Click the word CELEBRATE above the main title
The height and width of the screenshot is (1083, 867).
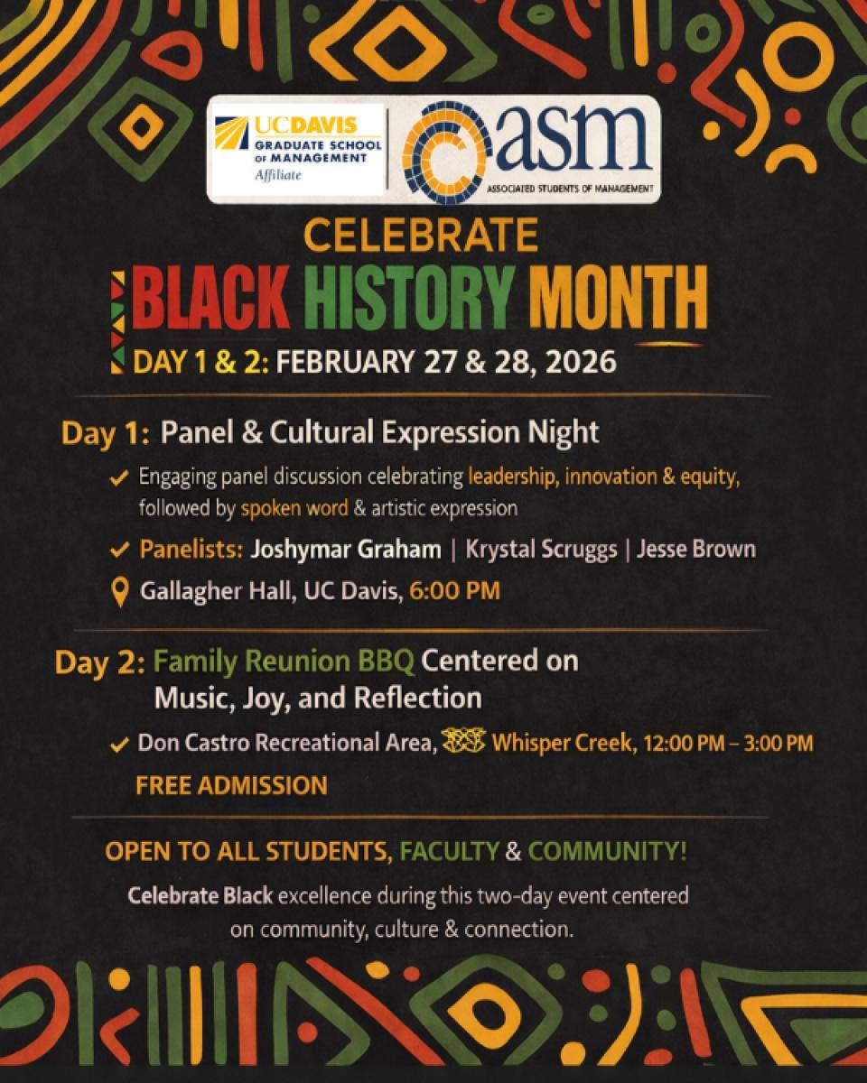pos(421,236)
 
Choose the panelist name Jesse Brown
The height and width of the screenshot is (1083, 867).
pos(695,550)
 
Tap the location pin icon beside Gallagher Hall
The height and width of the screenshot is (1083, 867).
pos(118,593)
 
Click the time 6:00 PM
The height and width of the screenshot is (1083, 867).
pos(454,592)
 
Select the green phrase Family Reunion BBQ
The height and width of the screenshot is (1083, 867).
pos(284,662)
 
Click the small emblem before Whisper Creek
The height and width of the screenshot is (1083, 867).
pos(466,743)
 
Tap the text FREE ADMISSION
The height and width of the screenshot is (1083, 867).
pos(231,785)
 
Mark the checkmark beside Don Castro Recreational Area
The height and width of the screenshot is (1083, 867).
pos(119,745)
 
